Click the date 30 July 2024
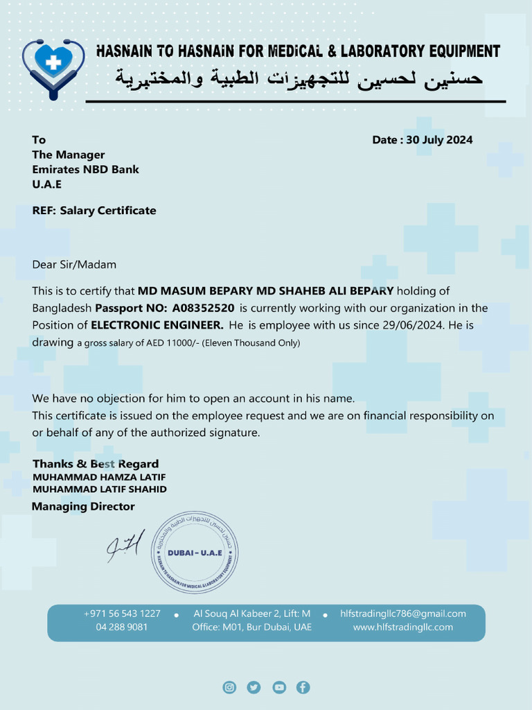click(439, 140)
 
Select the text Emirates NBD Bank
click(85, 169)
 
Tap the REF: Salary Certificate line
click(94, 210)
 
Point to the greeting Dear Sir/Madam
click(74, 264)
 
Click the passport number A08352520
click(203, 308)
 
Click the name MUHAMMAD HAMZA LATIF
click(99, 477)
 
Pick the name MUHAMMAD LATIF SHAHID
click(99, 489)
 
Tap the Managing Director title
click(83, 507)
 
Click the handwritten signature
click(125, 546)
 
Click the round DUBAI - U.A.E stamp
click(195, 552)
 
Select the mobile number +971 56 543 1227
click(122, 614)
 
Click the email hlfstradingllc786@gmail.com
click(402, 614)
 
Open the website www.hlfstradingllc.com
click(402, 627)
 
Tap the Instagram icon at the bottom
click(229, 687)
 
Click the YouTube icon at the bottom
click(278, 687)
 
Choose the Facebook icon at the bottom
click(303, 687)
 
